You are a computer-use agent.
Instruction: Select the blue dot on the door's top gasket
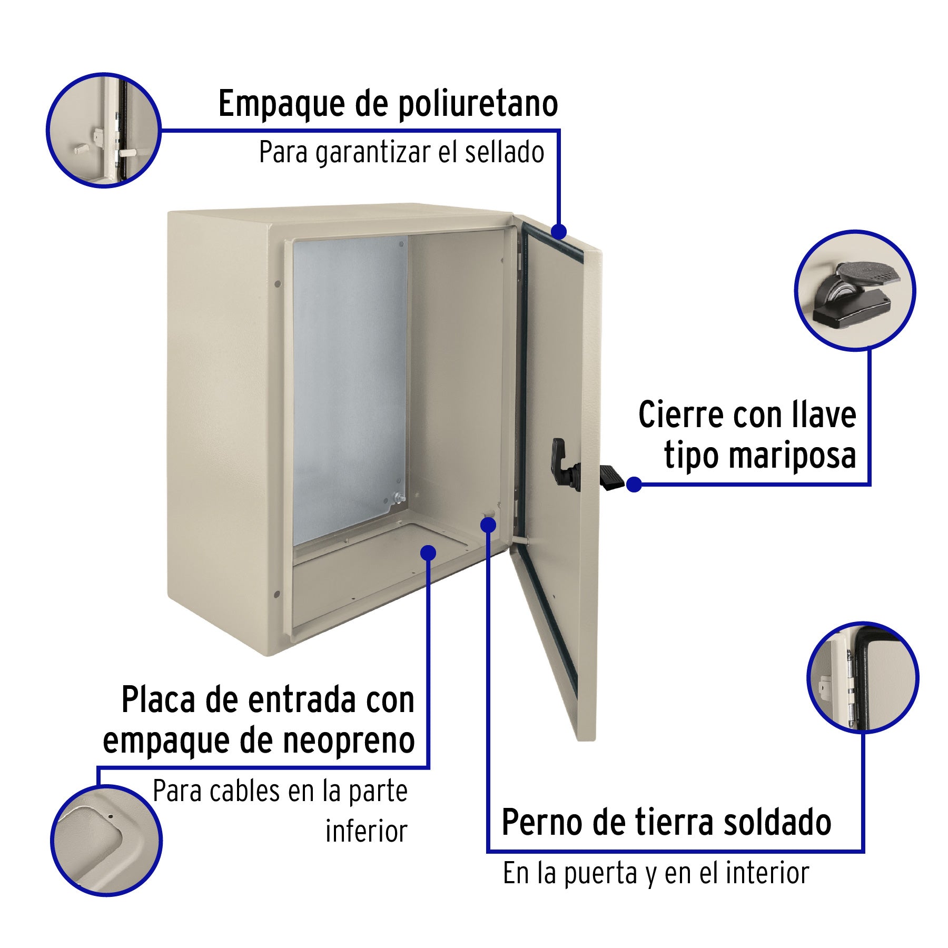559,231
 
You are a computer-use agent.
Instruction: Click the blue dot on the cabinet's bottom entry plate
429,552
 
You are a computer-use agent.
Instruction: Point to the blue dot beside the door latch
634,485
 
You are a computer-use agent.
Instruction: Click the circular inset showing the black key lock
855,290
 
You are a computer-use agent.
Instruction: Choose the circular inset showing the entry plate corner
106,841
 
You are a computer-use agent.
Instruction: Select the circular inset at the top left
104,130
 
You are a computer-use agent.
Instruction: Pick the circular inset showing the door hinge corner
863,677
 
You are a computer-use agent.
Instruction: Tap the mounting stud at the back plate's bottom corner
398,497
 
